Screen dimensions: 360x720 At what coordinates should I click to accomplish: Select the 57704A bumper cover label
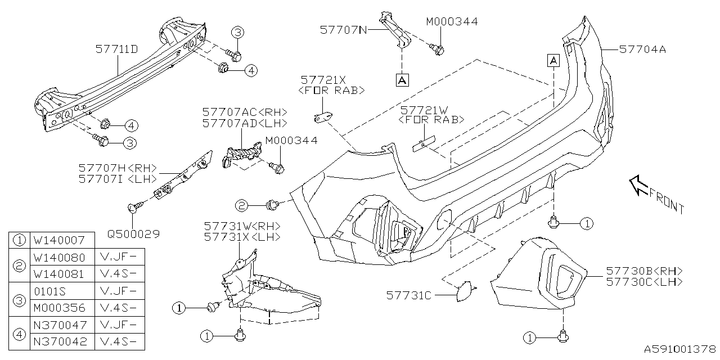(642, 49)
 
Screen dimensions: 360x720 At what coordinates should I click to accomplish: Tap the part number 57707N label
(343, 29)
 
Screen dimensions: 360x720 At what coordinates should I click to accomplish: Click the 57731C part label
(409, 294)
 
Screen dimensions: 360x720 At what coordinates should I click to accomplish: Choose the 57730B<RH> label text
(645, 271)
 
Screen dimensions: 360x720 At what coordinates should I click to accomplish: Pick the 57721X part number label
(323, 80)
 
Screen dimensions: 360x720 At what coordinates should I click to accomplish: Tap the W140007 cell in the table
(59, 240)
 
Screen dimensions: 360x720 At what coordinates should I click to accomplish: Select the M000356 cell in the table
(59, 308)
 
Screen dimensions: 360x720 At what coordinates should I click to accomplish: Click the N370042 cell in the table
(59, 342)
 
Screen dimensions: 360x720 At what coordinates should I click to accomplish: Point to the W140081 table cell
(59, 274)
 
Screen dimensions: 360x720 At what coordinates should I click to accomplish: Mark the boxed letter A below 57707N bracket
(402, 80)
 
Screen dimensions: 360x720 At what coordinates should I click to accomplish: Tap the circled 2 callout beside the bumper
(242, 206)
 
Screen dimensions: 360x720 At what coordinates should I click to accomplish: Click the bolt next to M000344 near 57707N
(438, 49)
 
